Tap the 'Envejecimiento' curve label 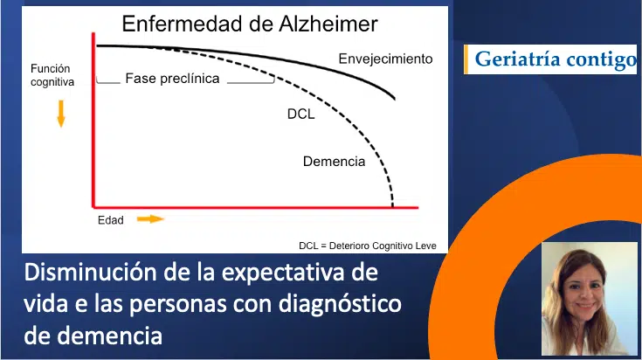point(385,59)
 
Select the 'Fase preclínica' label point(172,78)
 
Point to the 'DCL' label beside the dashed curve point(300,114)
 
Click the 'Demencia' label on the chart point(334,161)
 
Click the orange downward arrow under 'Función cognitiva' point(61,113)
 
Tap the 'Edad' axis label point(110,220)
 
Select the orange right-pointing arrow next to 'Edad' point(150,218)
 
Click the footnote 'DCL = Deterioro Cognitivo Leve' point(367,245)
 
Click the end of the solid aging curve point(397,99)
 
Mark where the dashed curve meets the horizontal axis point(392,208)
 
